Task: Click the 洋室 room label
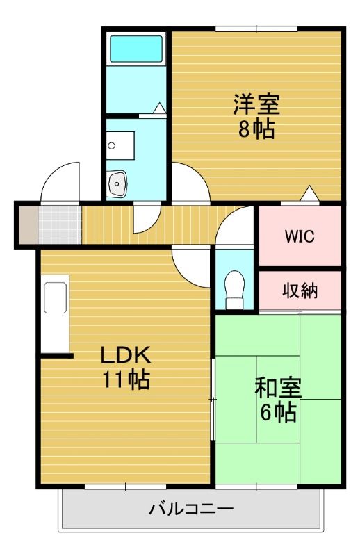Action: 256,105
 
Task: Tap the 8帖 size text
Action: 256,129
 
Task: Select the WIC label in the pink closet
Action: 300,236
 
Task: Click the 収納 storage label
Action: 300,291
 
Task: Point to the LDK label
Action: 126,355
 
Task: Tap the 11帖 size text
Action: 126,380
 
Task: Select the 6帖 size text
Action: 279,413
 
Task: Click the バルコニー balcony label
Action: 191,509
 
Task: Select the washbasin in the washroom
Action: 117,184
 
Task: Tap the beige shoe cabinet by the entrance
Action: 26,224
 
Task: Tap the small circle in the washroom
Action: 111,146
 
